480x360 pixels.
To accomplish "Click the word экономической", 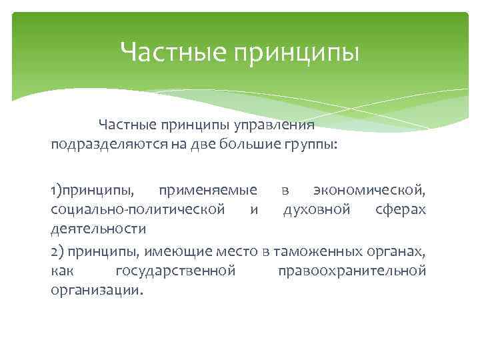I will point(369,191).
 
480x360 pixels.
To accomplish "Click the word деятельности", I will point(98,230).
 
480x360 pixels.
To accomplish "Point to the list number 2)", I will point(57,251).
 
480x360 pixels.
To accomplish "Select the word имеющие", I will point(179,251).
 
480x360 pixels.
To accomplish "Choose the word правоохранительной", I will point(352,271).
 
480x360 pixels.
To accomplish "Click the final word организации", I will point(96,291).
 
